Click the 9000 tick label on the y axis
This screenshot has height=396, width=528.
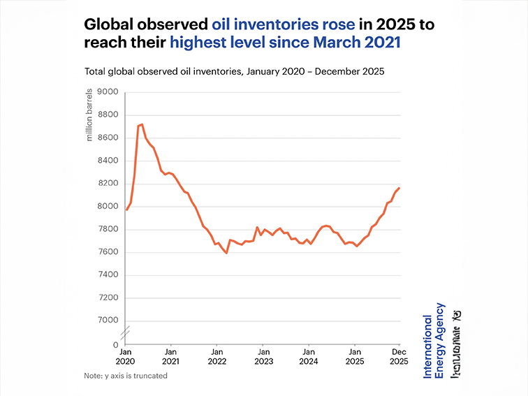[108, 91]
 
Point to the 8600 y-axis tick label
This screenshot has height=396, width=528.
[108, 138]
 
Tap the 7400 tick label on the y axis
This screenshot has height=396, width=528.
[108, 275]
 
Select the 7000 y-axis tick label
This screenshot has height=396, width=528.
[108, 321]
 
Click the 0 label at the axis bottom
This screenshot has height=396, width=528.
[115, 345]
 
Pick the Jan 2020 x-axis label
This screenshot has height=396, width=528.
[126, 356]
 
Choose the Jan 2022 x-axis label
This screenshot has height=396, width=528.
[217, 356]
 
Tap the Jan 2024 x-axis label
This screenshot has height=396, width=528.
[309, 356]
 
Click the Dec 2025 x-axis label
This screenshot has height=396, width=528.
[398, 356]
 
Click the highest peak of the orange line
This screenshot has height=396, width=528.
[142, 124]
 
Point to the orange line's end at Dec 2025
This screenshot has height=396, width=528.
[399, 187]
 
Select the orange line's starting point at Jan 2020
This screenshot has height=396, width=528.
[126, 210]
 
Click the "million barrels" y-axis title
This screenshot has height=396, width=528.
[89, 115]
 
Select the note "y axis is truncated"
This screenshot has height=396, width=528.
[126, 376]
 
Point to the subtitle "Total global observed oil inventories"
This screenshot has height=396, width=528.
[163, 71]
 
